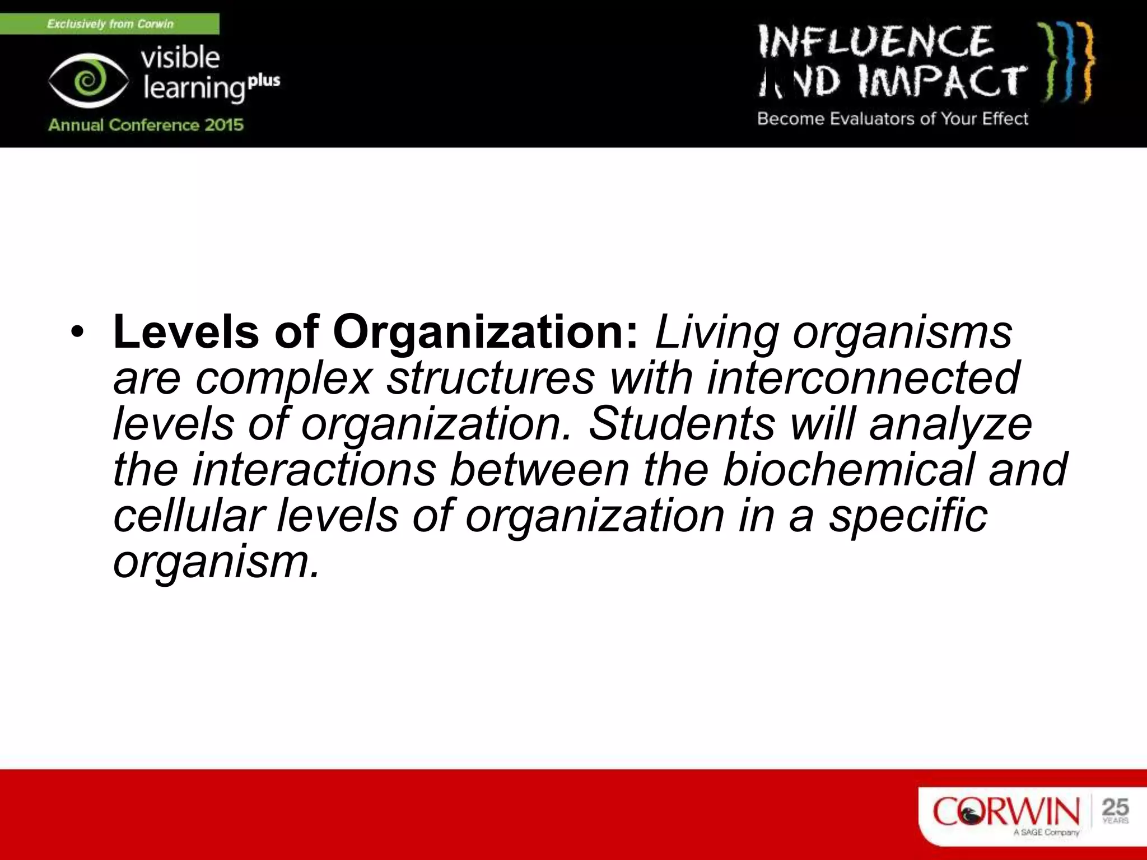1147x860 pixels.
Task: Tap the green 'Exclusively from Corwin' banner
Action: [110, 24]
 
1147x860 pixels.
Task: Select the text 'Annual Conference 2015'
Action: [146, 124]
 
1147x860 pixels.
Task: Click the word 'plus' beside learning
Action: [264, 81]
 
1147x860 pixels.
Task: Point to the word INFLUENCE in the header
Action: [876, 41]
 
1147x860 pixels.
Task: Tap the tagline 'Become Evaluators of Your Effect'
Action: [893, 119]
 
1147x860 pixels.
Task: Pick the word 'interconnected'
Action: [863, 377]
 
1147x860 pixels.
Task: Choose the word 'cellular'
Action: [189, 515]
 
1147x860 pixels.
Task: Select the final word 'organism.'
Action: [216, 562]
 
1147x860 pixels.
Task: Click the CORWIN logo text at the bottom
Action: [1006, 811]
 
